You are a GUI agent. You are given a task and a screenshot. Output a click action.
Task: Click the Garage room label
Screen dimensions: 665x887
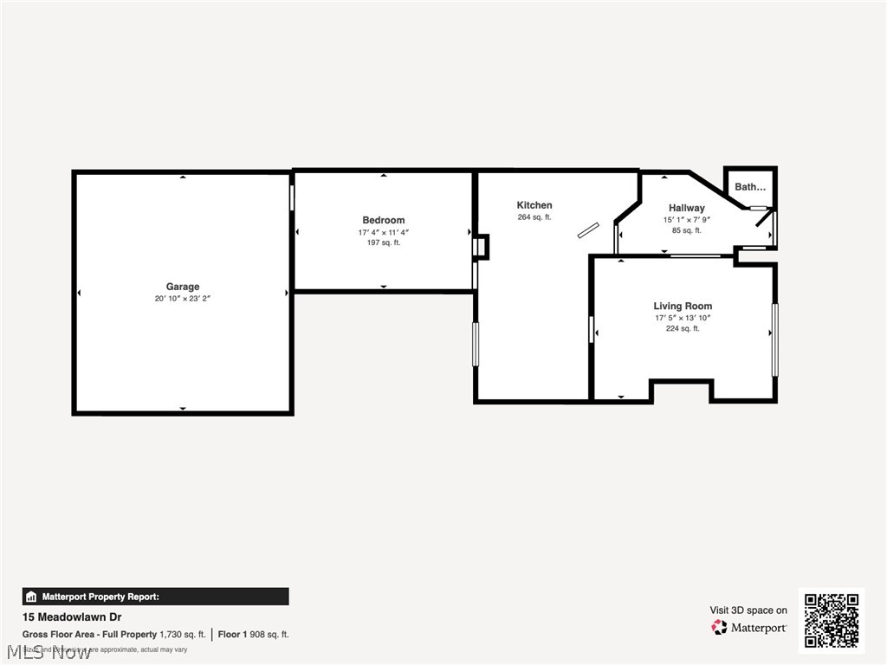tap(183, 287)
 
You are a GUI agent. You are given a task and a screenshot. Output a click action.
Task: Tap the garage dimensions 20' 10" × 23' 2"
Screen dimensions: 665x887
tap(183, 299)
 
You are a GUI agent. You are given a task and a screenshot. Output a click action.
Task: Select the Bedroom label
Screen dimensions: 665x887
tap(383, 220)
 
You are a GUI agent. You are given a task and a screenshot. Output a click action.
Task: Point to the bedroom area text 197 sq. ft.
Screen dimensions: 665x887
tap(383, 243)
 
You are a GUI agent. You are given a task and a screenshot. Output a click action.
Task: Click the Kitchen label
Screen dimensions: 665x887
tap(534, 205)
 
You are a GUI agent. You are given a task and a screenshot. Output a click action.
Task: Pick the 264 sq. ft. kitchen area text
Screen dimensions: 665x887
tap(534, 217)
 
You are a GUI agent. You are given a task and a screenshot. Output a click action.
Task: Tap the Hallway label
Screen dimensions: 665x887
tap(686, 208)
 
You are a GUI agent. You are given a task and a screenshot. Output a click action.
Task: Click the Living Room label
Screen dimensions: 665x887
tap(683, 306)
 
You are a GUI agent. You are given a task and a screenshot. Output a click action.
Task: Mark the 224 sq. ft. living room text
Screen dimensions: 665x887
tap(683, 329)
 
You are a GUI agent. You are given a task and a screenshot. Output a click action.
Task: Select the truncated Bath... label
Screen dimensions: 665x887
tap(750, 187)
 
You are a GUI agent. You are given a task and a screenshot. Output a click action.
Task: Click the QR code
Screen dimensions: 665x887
tap(831, 620)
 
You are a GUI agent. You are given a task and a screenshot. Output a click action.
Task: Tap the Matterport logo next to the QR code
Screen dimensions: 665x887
tap(749, 627)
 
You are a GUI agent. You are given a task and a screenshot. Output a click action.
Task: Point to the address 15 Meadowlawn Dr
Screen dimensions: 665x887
tap(72, 617)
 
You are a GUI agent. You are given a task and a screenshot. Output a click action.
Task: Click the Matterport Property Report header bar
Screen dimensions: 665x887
tap(155, 597)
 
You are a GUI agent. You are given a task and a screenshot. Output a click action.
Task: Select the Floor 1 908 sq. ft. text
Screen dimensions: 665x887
tap(253, 635)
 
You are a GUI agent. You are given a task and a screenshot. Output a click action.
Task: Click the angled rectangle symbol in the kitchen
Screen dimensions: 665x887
tap(588, 229)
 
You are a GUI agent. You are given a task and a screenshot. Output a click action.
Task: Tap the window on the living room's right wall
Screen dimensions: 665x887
tap(774, 339)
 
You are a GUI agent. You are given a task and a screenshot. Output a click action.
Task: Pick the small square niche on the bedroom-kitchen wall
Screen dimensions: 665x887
tap(481, 248)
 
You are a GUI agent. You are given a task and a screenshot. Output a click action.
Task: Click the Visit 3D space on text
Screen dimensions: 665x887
tap(748, 610)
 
